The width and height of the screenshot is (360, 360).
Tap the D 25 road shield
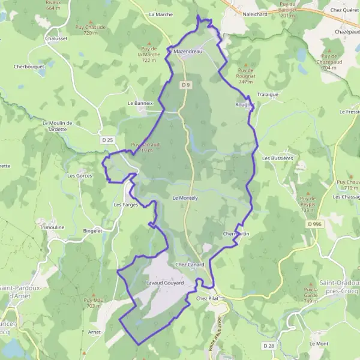point(107,140)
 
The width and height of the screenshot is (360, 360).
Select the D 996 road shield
point(311,224)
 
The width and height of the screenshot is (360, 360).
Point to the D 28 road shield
point(269,346)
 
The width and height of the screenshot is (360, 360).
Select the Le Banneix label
point(141,103)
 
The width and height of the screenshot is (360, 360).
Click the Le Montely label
point(185,197)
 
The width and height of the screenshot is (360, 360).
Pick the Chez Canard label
point(190,264)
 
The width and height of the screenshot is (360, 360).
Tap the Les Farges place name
point(126,205)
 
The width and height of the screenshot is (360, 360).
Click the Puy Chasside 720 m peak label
point(91,30)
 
